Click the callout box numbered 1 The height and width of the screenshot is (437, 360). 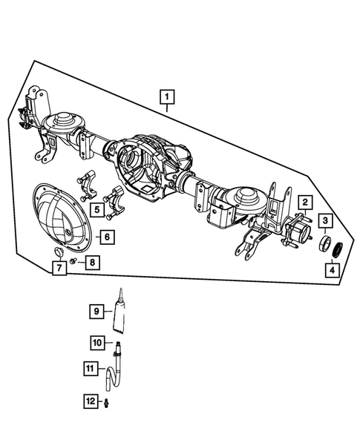click(x=167, y=96)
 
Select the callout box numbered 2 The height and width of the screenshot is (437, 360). click(x=304, y=202)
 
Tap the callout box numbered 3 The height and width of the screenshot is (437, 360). click(x=325, y=220)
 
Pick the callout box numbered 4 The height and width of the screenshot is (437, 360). click(x=327, y=271)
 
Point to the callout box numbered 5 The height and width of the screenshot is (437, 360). click(x=97, y=210)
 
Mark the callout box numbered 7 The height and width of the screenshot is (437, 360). click(x=57, y=269)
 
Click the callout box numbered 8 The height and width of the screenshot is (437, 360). click(x=91, y=262)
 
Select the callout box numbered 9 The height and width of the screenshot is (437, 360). click(x=96, y=312)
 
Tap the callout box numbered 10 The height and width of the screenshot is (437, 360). click(x=96, y=342)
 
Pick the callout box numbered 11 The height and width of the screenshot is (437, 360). click(x=90, y=367)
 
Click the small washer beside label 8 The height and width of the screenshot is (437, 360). click(x=73, y=262)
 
